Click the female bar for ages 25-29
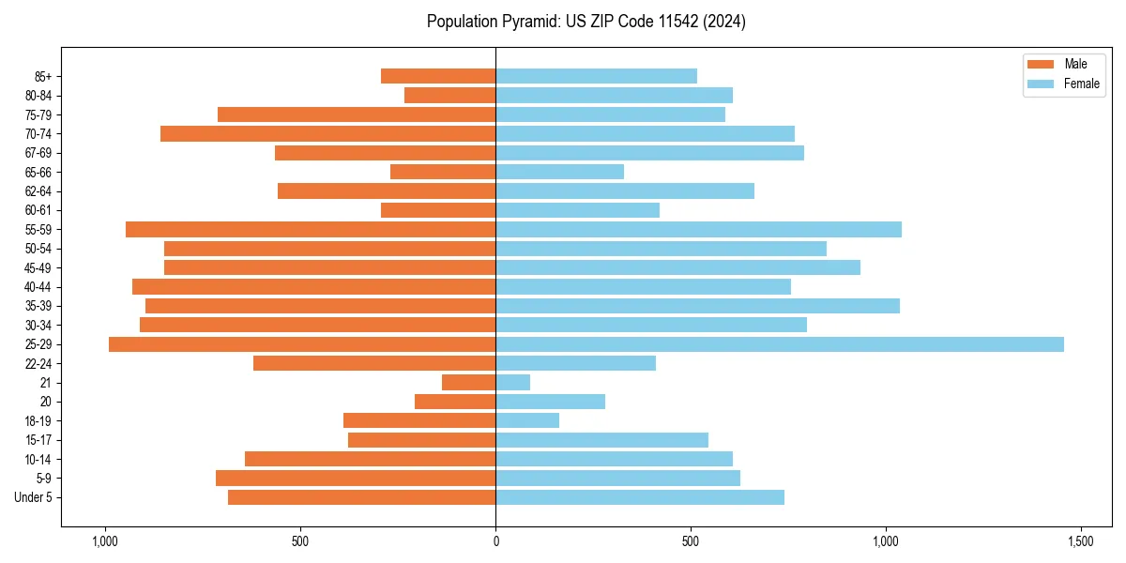(x=779, y=344)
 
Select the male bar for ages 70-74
(x=328, y=133)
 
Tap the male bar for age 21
(x=468, y=383)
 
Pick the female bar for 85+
(x=596, y=76)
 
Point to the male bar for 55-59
(x=311, y=229)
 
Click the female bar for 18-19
(x=527, y=420)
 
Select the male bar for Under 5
(x=361, y=497)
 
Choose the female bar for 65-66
(x=559, y=172)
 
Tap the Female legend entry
(x=1063, y=84)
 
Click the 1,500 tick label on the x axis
(x=1081, y=542)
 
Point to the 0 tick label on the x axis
(x=495, y=542)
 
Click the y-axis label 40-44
(x=38, y=287)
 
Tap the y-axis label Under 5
(x=33, y=497)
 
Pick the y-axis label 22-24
(x=38, y=364)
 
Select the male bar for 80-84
(x=449, y=95)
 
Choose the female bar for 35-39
(x=697, y=306)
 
